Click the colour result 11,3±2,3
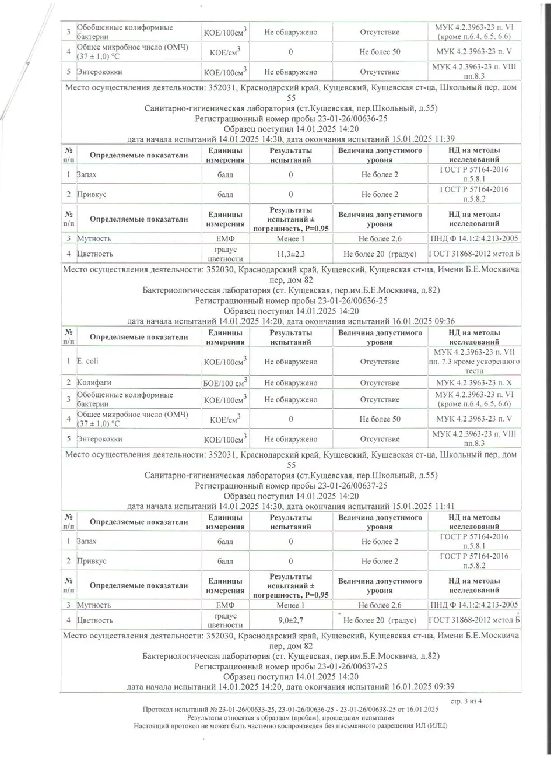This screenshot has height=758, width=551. click(290, 254)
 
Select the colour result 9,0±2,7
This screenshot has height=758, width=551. click(290, 620)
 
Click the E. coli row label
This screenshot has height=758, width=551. click(88, 362)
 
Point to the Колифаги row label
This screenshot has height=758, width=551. click(94, 383)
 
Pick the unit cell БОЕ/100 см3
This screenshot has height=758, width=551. click(224, 382)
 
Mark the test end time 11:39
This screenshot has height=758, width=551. click(444, 139)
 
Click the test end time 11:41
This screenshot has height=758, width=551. click(444, 506)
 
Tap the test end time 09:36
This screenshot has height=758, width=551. click(444, 321)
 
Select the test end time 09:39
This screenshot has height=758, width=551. click(444, 687)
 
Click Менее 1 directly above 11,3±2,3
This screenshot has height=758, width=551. click(290, 238)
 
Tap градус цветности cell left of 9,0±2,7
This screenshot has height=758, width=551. click(224, 620)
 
